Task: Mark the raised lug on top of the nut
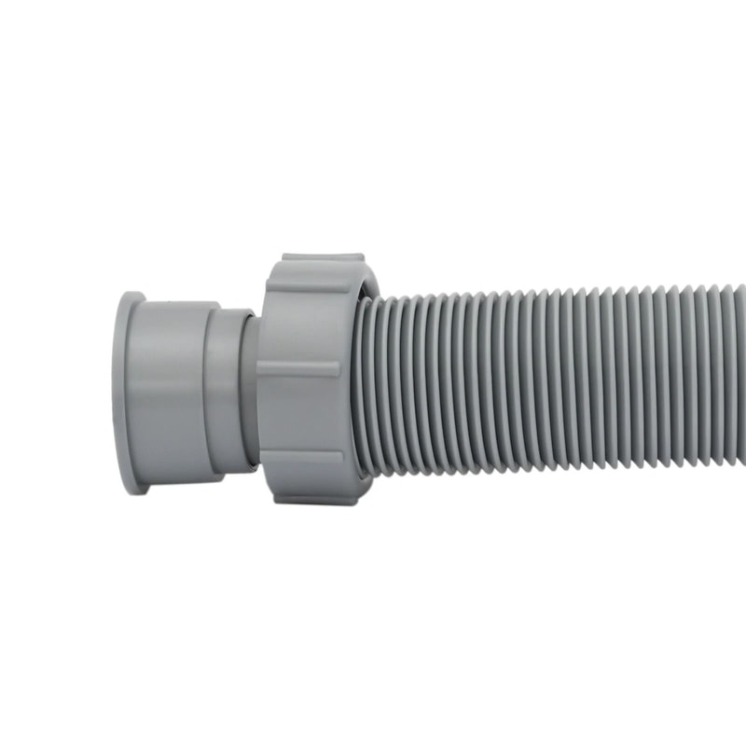tap(317, 257)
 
